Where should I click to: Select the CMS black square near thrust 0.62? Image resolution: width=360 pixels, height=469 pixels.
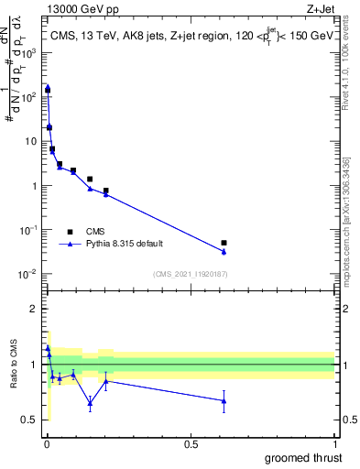224,243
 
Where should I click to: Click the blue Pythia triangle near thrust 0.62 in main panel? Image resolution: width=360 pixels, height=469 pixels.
224,252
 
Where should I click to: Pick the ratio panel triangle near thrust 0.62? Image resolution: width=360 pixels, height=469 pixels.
224,401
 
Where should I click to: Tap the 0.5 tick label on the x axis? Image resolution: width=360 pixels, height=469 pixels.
191,444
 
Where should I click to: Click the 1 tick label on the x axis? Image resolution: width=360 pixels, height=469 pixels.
334,444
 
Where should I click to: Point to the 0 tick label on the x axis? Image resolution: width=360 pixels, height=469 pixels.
47,444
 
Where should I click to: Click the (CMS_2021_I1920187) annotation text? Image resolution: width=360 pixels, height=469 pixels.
190,274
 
